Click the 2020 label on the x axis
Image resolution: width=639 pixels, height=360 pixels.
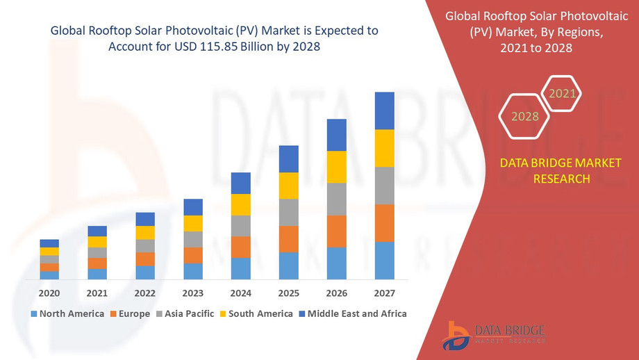[x=49, y=293]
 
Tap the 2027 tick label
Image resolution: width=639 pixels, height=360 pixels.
[x=384, y=293]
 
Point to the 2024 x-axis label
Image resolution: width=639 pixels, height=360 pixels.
[x=241, y=293]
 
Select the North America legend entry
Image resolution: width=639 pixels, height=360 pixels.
[x=67, y=313]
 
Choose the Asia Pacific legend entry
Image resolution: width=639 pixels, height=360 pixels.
[x=185, y=313]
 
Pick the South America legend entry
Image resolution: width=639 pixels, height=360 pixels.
[x=256, y=313]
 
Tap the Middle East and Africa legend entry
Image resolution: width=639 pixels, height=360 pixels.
[x=352, y=313]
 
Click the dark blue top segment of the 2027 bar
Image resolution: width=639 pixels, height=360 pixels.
[x=384, y=111]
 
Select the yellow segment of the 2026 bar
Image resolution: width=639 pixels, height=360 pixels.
[x=337, y=167]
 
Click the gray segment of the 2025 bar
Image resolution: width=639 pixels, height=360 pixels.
[x=289, y=213]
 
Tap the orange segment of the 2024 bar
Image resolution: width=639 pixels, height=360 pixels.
[x=241, y=247]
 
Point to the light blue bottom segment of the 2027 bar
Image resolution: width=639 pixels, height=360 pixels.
[x=384, y=261]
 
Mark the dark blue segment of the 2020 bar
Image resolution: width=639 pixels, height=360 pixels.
[x=49, y=243]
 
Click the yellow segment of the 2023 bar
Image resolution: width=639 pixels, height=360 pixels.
[x=193, y=223]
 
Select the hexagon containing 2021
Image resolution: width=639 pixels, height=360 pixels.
[x=561, y=93]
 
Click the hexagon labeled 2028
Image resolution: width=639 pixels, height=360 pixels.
[x=525, y=116]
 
